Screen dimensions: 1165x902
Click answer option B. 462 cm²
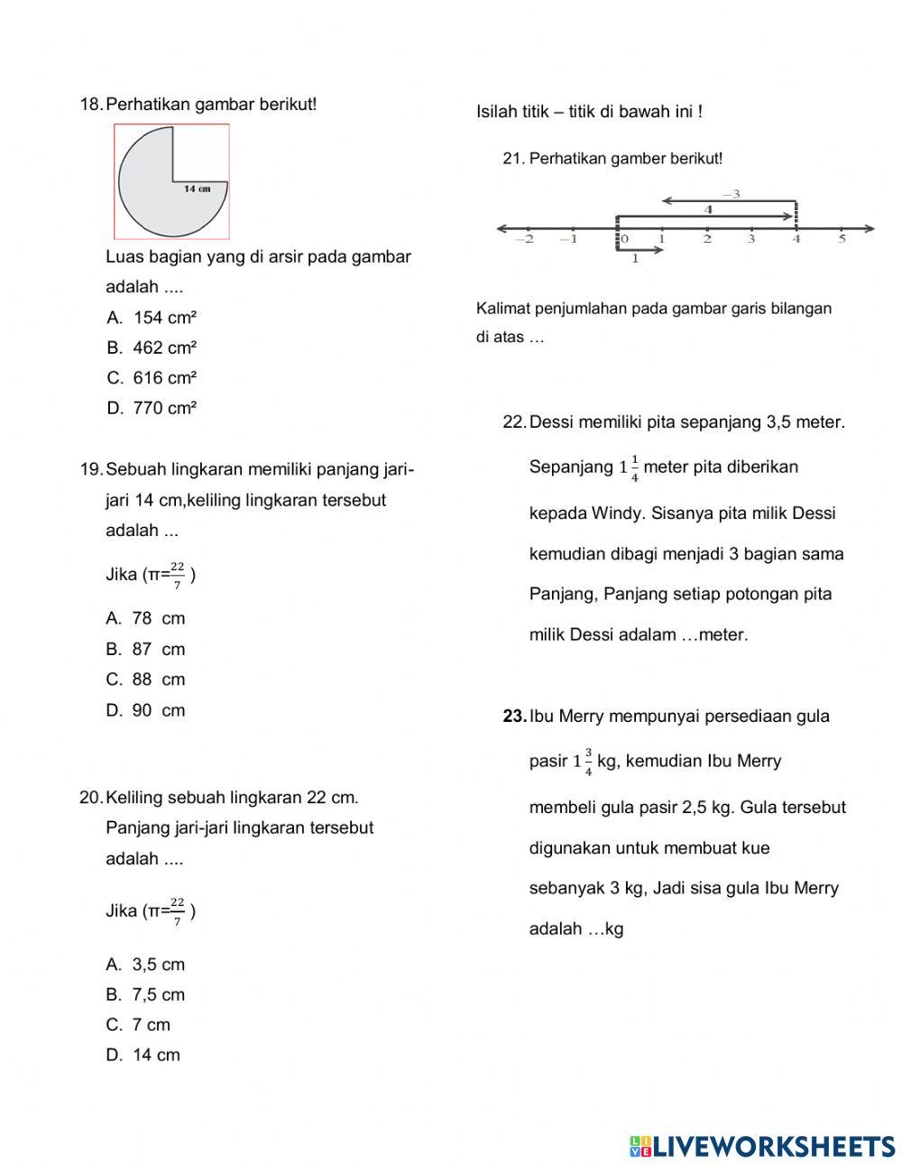click(152, 347)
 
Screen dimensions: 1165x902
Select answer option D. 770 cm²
click(152, 408)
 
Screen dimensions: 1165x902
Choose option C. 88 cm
click(145, 680)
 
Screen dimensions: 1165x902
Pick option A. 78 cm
click(145, 618)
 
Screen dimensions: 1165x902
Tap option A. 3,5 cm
click(145, 965)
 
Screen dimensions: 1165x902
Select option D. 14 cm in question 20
click(143, 1055)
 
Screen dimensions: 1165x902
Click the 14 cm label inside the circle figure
click(197, 189)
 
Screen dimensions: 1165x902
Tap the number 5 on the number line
click(842, 240)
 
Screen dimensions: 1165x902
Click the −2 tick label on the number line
click(524, 240)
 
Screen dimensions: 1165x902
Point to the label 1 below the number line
click(634, 259)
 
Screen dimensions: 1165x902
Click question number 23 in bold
click(514, 717)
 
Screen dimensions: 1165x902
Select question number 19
click(91, 469)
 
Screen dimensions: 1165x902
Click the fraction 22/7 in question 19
click(177, 575)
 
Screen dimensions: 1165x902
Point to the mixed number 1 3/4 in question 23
click(583, 762)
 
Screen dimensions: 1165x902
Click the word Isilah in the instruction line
click(497, 112)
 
